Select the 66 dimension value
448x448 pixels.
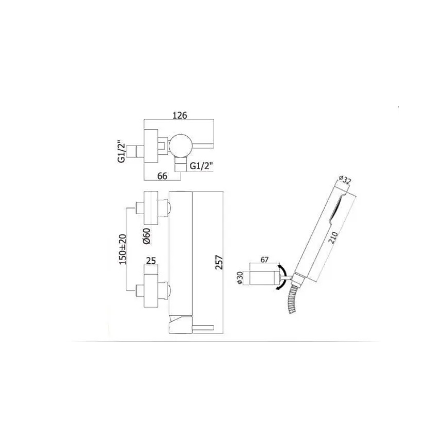pos(162,176)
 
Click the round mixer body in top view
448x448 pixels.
pos(182,145)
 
